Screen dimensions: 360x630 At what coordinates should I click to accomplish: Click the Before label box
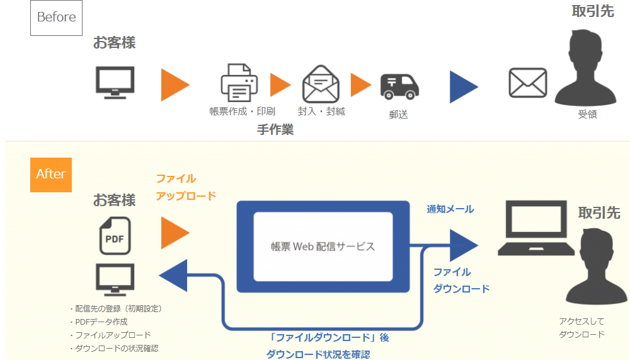[56, 18]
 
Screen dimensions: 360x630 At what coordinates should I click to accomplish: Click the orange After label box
[51, 174]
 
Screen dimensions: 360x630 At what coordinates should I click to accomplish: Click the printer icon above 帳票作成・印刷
[239, 83]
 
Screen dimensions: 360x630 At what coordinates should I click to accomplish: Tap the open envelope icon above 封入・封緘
[321, 84]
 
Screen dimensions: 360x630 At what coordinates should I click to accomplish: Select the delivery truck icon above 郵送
[399, 86]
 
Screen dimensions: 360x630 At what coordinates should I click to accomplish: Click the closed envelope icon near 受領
[527, 83]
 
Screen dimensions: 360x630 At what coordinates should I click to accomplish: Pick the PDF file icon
[115, 235]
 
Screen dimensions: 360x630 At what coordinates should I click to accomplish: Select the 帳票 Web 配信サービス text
[323, 246]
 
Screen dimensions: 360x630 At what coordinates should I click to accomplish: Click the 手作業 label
[275, 130]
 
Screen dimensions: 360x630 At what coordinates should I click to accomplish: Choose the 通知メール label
[450, 209]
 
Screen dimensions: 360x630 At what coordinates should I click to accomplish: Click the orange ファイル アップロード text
[185, 187]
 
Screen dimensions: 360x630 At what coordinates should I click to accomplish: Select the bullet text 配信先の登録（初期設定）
[116, 308]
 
